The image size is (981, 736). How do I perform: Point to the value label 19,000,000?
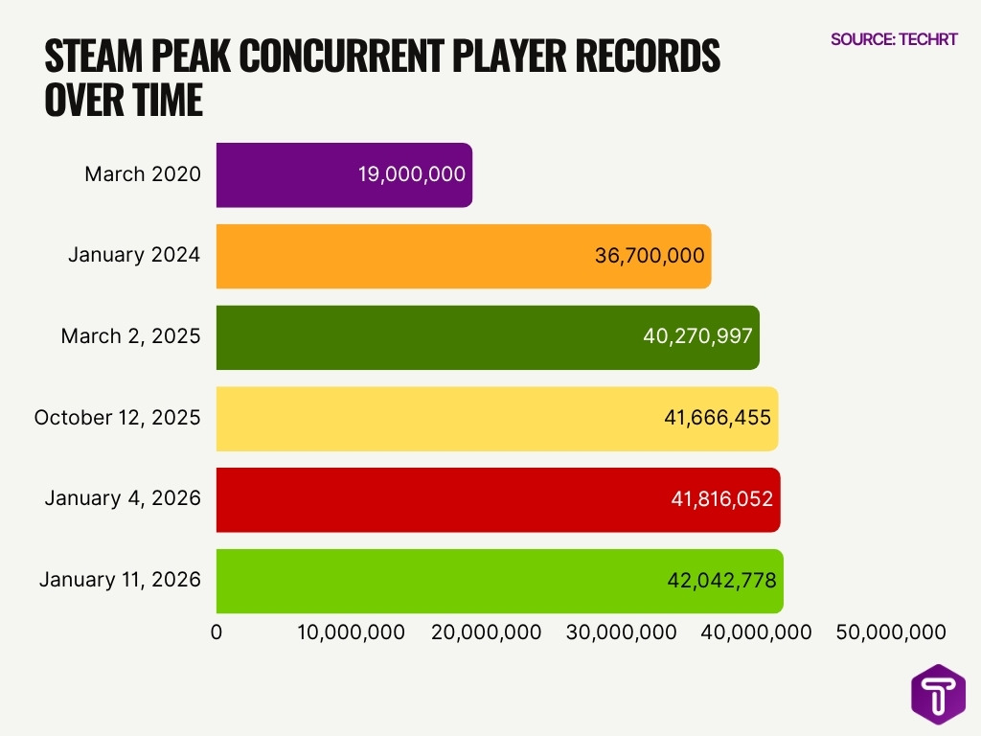[x=411, y=174]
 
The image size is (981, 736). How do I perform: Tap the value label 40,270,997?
[x=698, y=337]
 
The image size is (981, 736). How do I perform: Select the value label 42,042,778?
[x=721, y=581]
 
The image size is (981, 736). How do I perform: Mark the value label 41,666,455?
[x=718, y=419]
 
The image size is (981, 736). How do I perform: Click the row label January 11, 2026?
[x=120, y=580]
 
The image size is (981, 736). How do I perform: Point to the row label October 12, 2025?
[x=117, y=418]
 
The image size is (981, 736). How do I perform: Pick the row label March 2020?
[x=143, y=174]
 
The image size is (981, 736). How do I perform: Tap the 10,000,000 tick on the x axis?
[x=351, y=632]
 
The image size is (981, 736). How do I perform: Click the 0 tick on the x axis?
[x=217, y=632]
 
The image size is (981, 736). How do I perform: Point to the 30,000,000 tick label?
[x=622, y=632]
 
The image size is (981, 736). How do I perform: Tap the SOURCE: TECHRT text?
[x=894, y=39]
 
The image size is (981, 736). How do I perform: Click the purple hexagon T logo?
[x=938, y=695]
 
